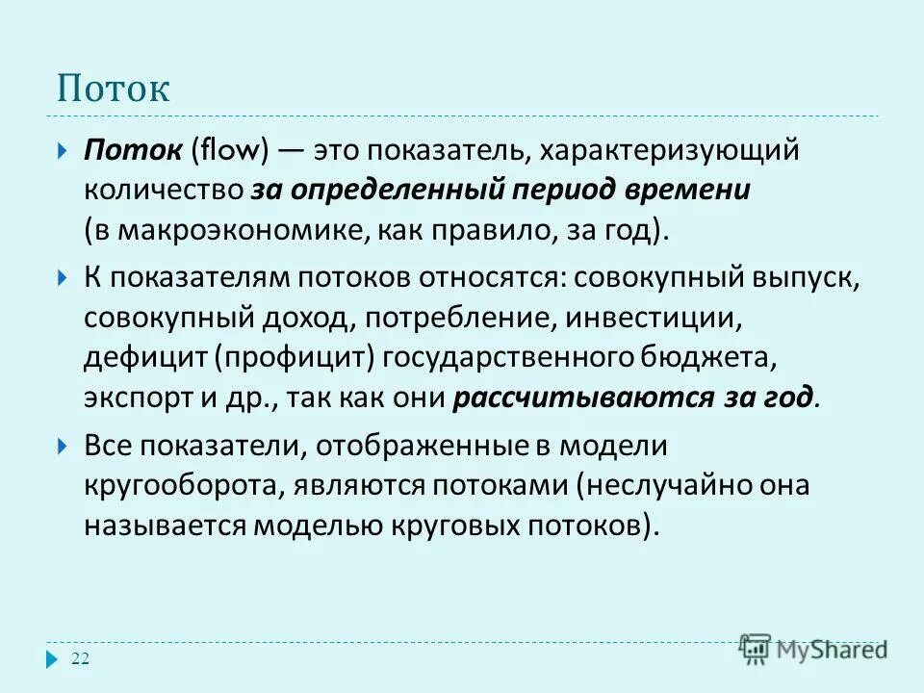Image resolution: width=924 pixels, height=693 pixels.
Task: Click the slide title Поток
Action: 113,89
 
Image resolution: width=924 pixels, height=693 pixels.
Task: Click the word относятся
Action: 492,278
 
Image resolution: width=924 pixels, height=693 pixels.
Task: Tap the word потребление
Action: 465,317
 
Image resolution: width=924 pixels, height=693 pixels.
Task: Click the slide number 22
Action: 80,658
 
